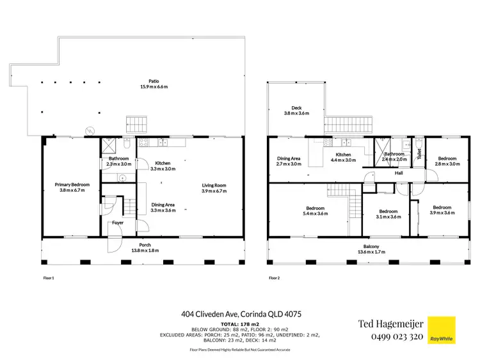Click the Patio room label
coord(154,81)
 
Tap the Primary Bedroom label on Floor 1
coord(72,185)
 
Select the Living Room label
coord(214,185)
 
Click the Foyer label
coord(118,223)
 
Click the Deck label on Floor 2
coord(296,108)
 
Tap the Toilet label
coord(419,153)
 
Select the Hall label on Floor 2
coord(398,173)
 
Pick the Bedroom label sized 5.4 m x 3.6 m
coord(315,208)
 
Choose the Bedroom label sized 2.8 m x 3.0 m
coord(447,159)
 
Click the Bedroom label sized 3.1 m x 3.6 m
coord(389,212)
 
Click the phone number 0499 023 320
coord(390,337)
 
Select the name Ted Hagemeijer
coord(390,324)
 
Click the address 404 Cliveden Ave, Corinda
coord(241,314)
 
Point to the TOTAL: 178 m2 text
coord(240,324)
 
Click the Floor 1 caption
coord(49,278)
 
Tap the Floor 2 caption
coord(275,278)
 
